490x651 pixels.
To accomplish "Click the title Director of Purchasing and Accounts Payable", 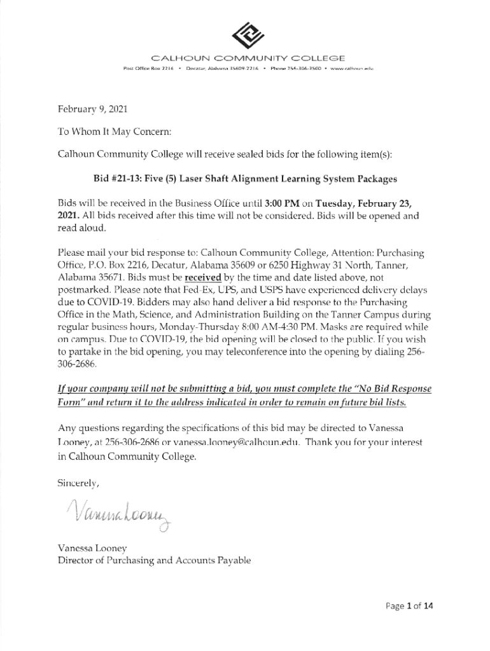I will (x=154, y=560).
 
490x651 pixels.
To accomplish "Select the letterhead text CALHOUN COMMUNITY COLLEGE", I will (x=244, y=58).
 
